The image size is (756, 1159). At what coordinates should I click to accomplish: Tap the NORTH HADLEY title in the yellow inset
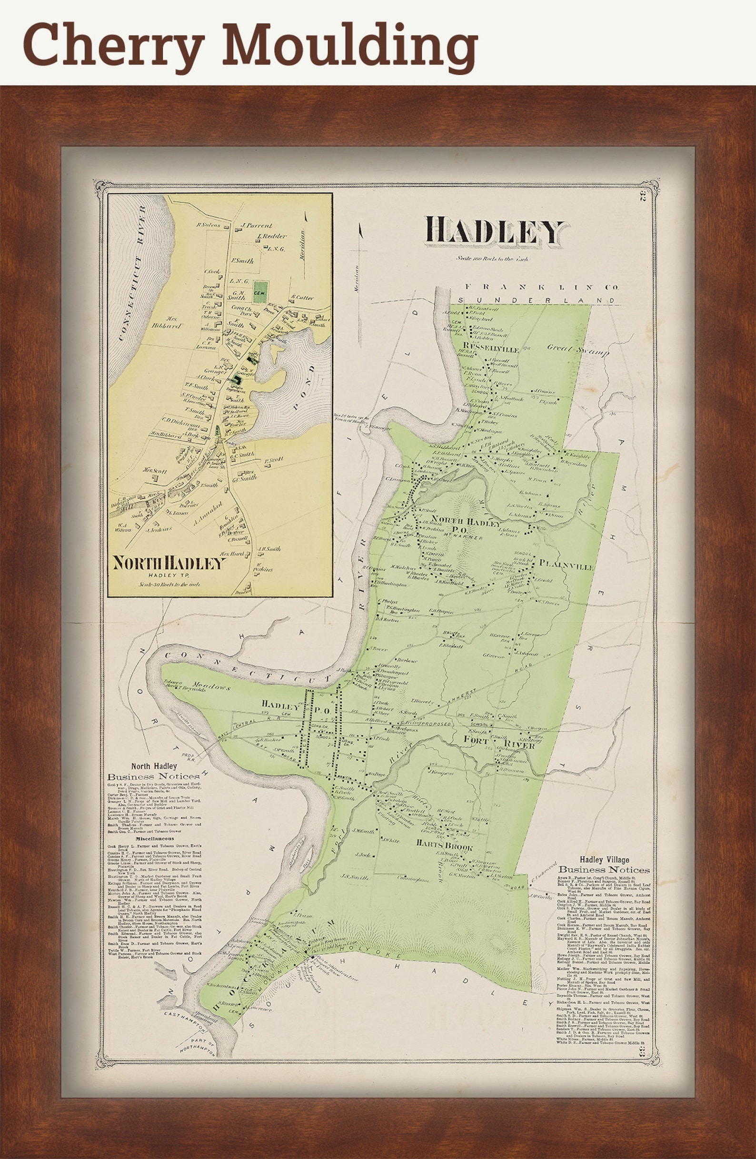pyautogui.click(x=169, y=564)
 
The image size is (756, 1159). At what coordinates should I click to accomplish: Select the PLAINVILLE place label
pyautogui.click(x=566, y=567)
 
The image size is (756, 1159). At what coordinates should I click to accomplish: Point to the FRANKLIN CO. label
pyautogui.click(x=541, y=287)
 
